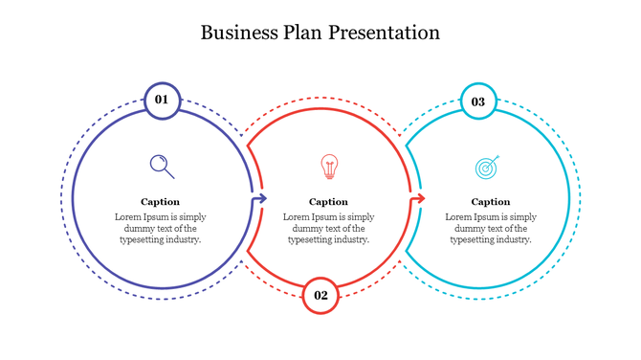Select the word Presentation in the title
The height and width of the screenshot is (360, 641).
point(385,33)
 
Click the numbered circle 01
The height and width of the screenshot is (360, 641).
point(162,100)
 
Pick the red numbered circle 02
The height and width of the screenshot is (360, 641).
point(320,295)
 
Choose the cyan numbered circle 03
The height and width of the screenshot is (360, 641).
point(477,101)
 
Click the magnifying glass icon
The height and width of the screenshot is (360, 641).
point(163,167)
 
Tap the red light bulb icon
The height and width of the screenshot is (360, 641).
point(329,167)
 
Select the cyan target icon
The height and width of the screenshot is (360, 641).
point(488,168)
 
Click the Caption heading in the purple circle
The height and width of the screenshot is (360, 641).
point(161,202)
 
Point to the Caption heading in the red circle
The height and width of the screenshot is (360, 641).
point(328,202)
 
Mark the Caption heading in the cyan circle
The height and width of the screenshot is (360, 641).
point(491,202)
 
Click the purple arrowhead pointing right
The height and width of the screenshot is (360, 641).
point(259,199)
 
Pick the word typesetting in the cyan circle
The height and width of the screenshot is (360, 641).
point(472,240)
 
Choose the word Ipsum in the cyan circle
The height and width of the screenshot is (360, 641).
point(487,217)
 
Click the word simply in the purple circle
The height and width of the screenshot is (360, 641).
point(191,217)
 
